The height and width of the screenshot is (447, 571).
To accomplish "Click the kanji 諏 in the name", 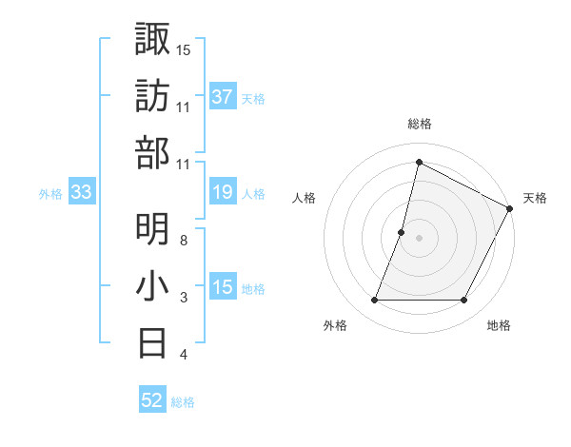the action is click(152, 39).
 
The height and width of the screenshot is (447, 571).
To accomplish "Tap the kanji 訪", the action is click(152, 96).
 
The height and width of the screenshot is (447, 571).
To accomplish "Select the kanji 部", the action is click(152, 153).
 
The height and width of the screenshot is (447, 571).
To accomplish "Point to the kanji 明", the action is click(152, 229).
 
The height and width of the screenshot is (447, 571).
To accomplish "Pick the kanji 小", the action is click(152, 286).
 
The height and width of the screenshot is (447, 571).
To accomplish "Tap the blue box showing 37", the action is click(223, 96).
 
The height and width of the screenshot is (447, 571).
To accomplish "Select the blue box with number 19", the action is click(223, 193).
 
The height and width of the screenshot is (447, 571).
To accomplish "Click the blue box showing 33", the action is click(81, 193).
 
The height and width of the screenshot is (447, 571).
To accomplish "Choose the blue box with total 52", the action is click(152, 400).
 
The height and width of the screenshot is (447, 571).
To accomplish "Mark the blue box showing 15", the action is click(223, 288).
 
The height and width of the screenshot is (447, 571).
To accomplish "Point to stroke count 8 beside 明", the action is click(184, 240).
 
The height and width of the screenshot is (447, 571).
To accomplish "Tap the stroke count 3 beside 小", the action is click(184, 298).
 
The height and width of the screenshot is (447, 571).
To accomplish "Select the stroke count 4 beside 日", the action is click(184, 355).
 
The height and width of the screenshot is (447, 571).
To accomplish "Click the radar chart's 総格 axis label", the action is click(419, 125).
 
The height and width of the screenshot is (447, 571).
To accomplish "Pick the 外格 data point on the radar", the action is click(374, 301).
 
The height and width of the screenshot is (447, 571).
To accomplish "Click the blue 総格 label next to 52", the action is click(183, 402).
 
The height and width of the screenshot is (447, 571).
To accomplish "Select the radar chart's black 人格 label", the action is click(305, 199).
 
